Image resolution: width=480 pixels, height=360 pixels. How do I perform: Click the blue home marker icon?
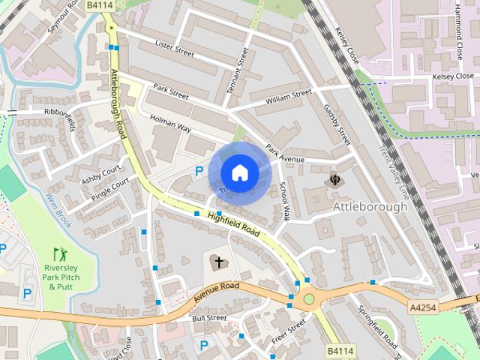pyautogui.click(x=239, y=173)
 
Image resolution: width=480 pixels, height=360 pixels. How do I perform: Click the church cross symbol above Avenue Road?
pyautogui.click(x=218, y=262)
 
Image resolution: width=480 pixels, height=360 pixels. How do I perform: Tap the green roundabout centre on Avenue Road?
pyautogui.click(x=308, y=299)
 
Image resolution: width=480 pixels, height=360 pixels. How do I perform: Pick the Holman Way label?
pyautogui.click(x=170, y=123)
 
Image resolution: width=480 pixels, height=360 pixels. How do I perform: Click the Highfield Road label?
pyautogui.click(x=234, y=223)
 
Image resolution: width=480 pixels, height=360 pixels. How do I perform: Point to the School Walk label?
pyautogui.click(x=283, y=200)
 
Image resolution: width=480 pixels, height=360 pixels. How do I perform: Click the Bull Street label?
pyautogui.click(x=209, y=318)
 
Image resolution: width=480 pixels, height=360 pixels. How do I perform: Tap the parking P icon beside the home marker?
pyautogui.click(x=199, y=172)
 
